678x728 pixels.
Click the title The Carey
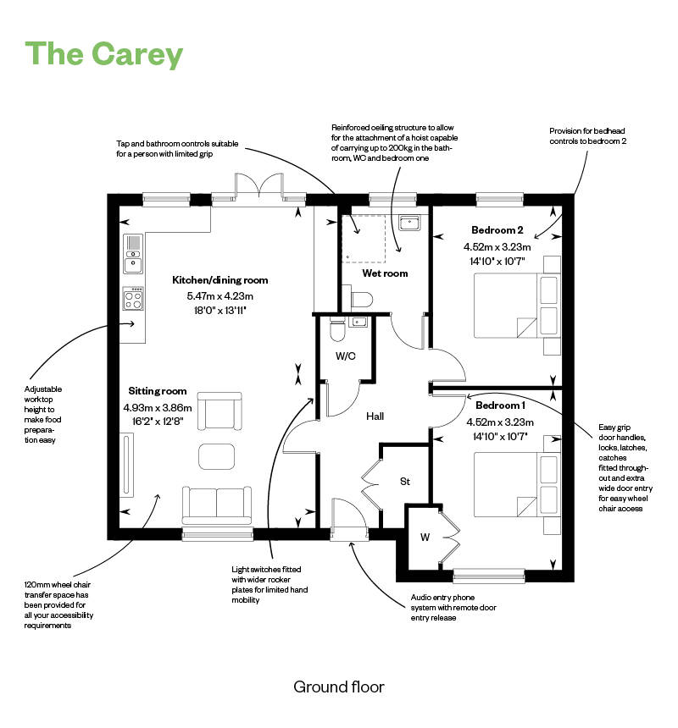pos(104,54)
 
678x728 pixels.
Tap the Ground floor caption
pos(339,686)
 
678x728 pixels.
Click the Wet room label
pos(385,273)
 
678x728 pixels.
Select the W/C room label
pos(345,356)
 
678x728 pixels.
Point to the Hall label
pos(375,416)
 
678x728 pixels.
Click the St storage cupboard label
pos(405,482)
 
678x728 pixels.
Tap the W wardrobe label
pos(423,537)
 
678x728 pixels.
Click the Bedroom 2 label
pos(497,230)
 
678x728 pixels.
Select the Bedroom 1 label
pos(498,405)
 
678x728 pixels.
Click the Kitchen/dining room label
pos(220,280)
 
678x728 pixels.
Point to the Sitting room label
pos(158,391)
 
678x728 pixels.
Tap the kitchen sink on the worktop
pos(133,254)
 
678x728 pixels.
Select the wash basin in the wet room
pos(409,223)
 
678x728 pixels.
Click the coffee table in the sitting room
pos(218,456)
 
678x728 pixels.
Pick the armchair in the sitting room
pos(219,411)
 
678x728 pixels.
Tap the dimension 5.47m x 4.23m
pos(220,296)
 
